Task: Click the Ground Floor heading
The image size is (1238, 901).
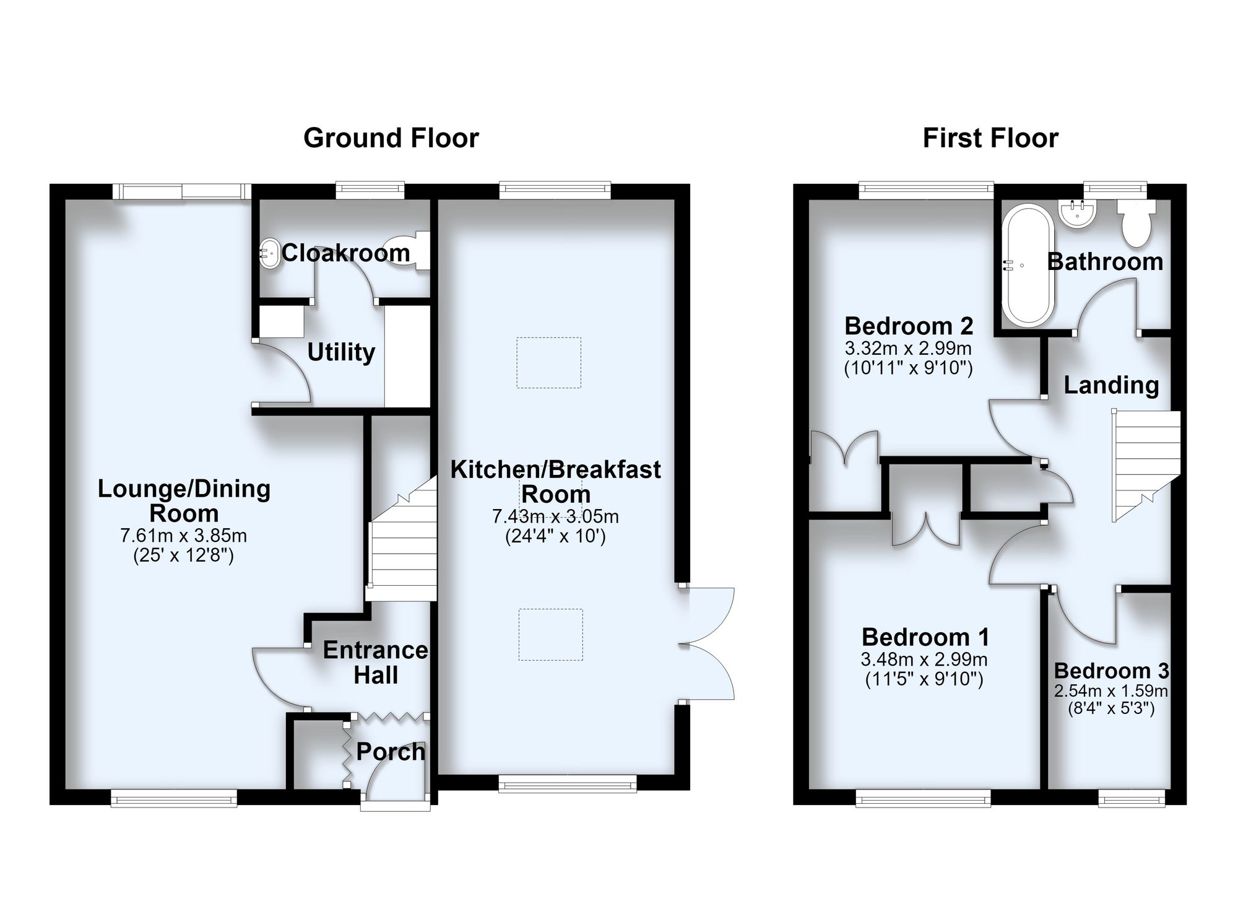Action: pos(391,137)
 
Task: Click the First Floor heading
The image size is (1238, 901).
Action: pos(990,137)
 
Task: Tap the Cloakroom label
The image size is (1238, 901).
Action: pos(346,253)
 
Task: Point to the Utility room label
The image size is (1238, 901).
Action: pos(341,352)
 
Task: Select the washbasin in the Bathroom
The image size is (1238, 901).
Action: pos(1078,212)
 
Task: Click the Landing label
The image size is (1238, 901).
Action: pos(1112,385)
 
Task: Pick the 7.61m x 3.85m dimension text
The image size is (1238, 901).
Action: pos(184,535)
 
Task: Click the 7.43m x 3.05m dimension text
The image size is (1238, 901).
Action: pos(556,516)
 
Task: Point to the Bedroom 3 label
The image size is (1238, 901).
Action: pos(1112,671)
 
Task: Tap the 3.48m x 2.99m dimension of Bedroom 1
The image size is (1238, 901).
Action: pos(924,659)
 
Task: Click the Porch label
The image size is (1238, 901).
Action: pos(391,752)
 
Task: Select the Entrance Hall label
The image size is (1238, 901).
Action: pos(376,663)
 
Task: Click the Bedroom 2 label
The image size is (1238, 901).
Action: pos(909,325)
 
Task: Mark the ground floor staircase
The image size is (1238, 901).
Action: pos(401,539)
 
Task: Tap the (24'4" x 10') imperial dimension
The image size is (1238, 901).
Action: pos(556,536)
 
